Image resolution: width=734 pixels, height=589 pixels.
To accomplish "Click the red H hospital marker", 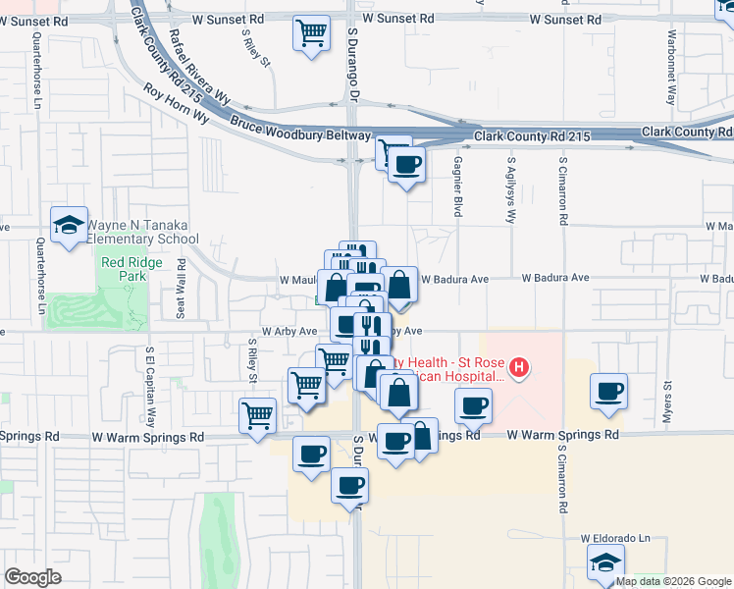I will point(518,369).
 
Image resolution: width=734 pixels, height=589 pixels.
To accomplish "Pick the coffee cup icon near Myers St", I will point(609,391).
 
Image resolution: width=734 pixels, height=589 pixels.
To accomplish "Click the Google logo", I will point(32,577).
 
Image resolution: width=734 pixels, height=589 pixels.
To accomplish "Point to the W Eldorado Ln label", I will point(615,538).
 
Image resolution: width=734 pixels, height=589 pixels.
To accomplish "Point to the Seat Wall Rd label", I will point(181,289).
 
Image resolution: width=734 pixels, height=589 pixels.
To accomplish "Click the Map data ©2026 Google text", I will point(673,581).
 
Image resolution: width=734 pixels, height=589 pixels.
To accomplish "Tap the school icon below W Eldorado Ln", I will point(605,562).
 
